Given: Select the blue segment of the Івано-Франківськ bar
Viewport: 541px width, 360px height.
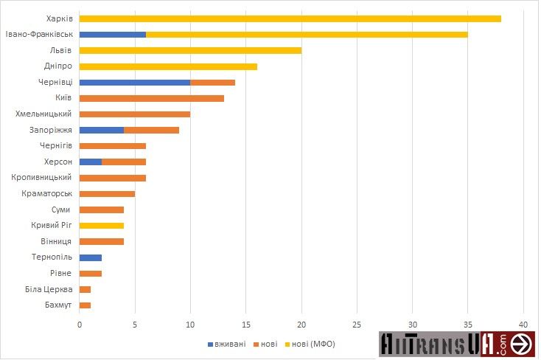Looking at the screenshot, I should coord(112,35).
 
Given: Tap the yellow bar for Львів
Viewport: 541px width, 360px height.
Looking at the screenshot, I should coord(190,51).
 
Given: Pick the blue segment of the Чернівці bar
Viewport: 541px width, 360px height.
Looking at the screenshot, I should coord(134,83).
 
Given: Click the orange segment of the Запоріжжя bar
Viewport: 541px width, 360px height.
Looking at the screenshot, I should coord(151,131).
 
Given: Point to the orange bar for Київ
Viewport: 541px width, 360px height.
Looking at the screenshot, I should coord(151,98).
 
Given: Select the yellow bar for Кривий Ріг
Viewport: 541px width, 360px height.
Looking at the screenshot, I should coord(101,226).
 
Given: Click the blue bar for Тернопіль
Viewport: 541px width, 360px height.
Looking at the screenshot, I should coord(90,257).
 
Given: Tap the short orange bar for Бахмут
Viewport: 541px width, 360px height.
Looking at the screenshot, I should coord(85,305).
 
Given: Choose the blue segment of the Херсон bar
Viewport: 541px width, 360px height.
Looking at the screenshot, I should coord(90,162).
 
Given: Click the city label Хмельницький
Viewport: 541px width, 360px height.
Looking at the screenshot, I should coord(43,114).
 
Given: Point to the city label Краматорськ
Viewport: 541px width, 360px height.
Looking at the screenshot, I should coord(46,194).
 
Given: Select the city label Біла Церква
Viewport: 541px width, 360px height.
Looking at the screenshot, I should coord(47,289).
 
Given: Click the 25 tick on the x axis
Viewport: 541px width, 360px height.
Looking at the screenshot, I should coord(357,324).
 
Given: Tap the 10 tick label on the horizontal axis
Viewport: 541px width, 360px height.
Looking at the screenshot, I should coord(190,324).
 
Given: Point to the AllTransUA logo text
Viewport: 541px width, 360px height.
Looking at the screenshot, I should coord(442,345).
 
